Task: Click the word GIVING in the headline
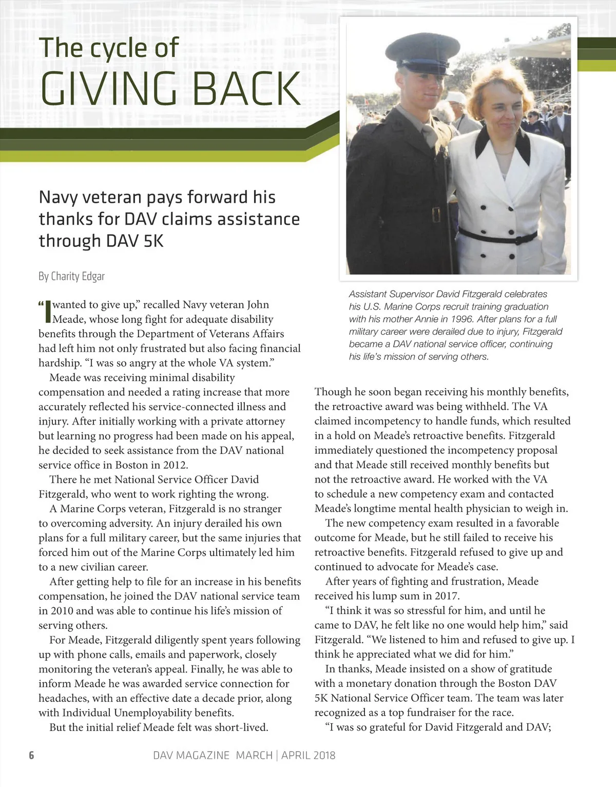108,88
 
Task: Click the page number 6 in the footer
31,755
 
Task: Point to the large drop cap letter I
48,311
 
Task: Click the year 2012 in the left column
175,465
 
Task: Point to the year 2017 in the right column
446,596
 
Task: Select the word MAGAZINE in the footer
207,755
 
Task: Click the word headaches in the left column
63,698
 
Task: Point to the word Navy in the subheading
57,198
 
